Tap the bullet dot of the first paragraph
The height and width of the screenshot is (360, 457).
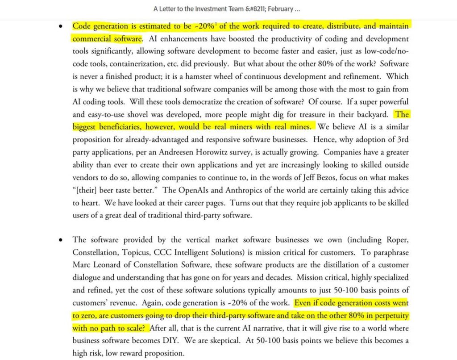point(61,26)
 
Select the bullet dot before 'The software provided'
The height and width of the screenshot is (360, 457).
point(61,240)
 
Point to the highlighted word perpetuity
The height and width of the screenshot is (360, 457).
point(388,315)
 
